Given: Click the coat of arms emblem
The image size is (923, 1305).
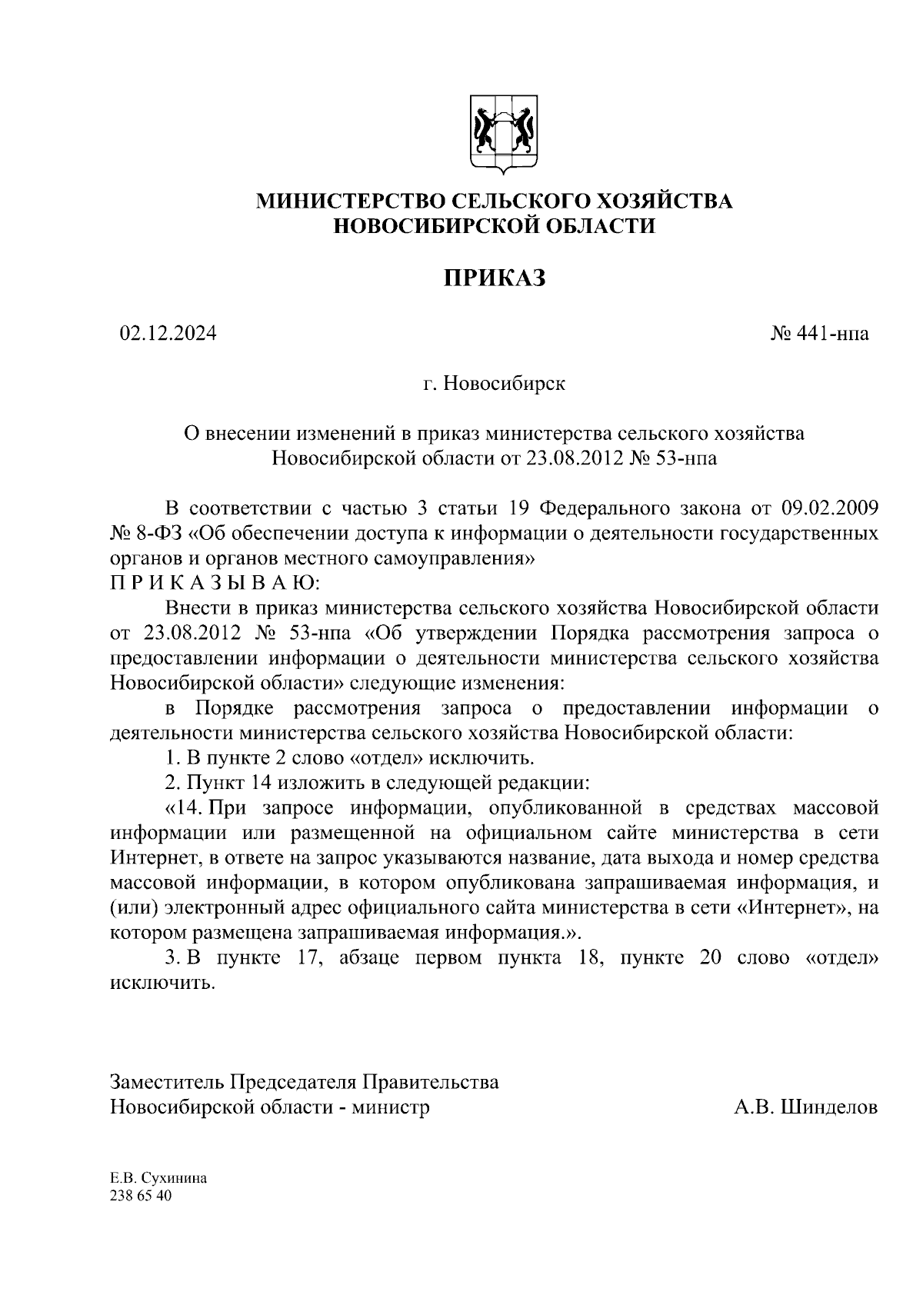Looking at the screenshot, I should click(503, 131).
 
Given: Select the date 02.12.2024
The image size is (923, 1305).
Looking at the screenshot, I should click(168, 333).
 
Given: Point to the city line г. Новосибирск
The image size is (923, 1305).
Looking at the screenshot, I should click(494, 383).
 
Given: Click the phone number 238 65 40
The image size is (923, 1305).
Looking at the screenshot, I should click(142, 1197).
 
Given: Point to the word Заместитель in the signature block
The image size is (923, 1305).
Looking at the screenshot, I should click(167, 1082).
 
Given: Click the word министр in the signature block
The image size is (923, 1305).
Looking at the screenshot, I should click(391, 1107).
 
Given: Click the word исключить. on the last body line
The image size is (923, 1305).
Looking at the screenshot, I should click(161, 983).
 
